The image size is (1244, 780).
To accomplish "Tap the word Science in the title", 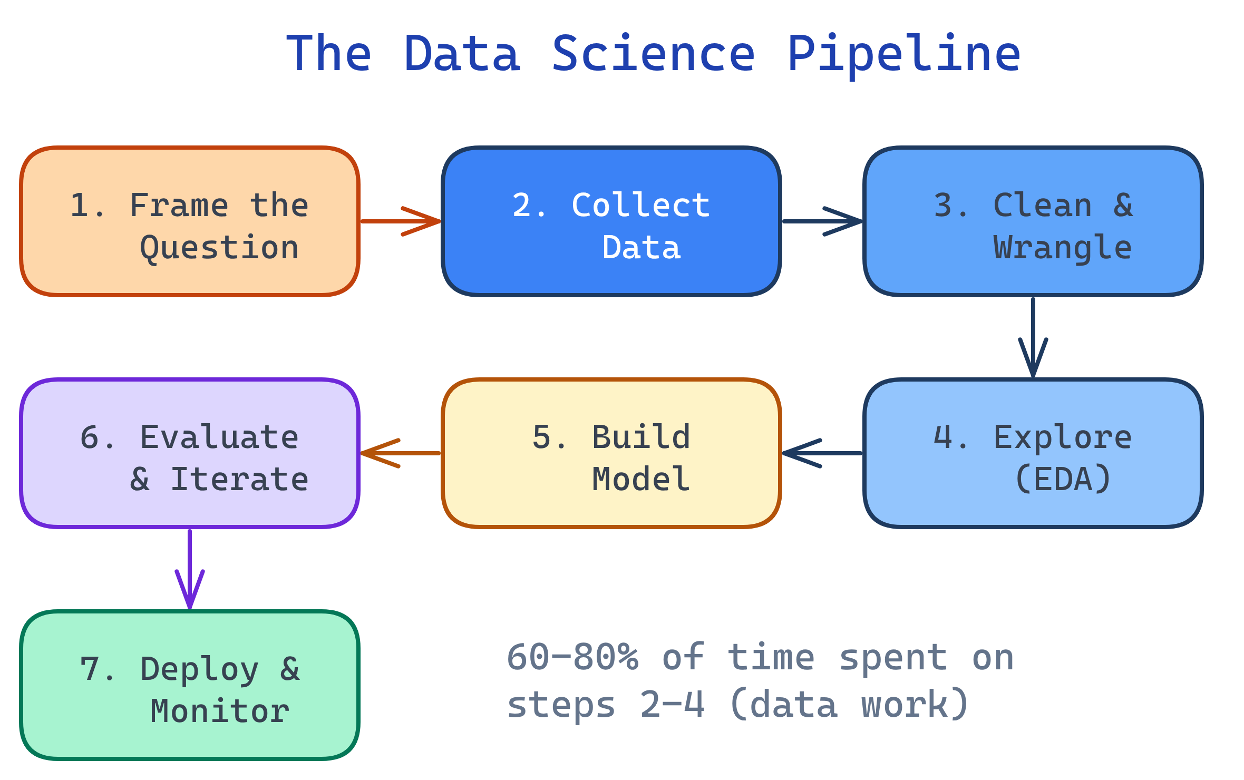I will click(x=654, y=54).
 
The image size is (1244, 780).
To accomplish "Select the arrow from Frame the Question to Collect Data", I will click(x=401, y=221).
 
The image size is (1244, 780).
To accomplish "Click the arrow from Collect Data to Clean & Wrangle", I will click(x=822, y=221).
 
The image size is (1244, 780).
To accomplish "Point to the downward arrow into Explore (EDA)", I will click(x=1033, y=337).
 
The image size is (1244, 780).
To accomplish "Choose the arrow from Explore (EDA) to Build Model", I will click(x=822, y=453).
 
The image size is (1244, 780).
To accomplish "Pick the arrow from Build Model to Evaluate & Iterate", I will click(x=401, y=453).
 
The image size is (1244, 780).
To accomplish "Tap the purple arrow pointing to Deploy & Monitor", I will click(x=190, y=569).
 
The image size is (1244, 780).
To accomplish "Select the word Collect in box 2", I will click(x=641, y=206).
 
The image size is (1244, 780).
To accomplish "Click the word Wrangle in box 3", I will click(x=1063, y=248).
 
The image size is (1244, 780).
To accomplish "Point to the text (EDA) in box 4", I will click(x=1063, y=480).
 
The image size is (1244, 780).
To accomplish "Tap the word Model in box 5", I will click(x=641, y=480).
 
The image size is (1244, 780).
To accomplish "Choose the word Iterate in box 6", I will click(x=239, y=480).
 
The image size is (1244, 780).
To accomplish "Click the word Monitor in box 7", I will click(x=219, y=711).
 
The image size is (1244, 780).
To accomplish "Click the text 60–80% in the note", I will click(x=572, y=658).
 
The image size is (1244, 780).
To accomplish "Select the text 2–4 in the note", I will click(x=672, y=705).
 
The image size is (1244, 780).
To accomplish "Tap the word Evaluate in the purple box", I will click(x=219, y=437).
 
